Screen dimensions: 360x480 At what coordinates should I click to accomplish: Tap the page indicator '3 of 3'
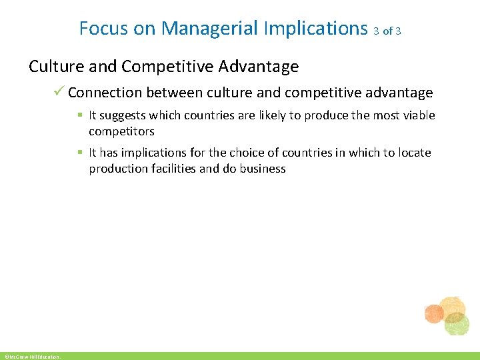pos(387,31)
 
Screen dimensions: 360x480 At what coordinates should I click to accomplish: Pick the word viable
pos(419,115)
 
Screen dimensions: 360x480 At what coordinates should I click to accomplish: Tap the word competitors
pos(121,131)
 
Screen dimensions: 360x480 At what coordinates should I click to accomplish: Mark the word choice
pos(241,153)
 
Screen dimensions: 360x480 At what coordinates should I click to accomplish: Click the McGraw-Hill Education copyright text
pos(31,357)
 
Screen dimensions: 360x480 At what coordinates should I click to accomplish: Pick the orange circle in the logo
pos(434,313)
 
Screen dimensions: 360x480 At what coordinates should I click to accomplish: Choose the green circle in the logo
pos(457,325)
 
